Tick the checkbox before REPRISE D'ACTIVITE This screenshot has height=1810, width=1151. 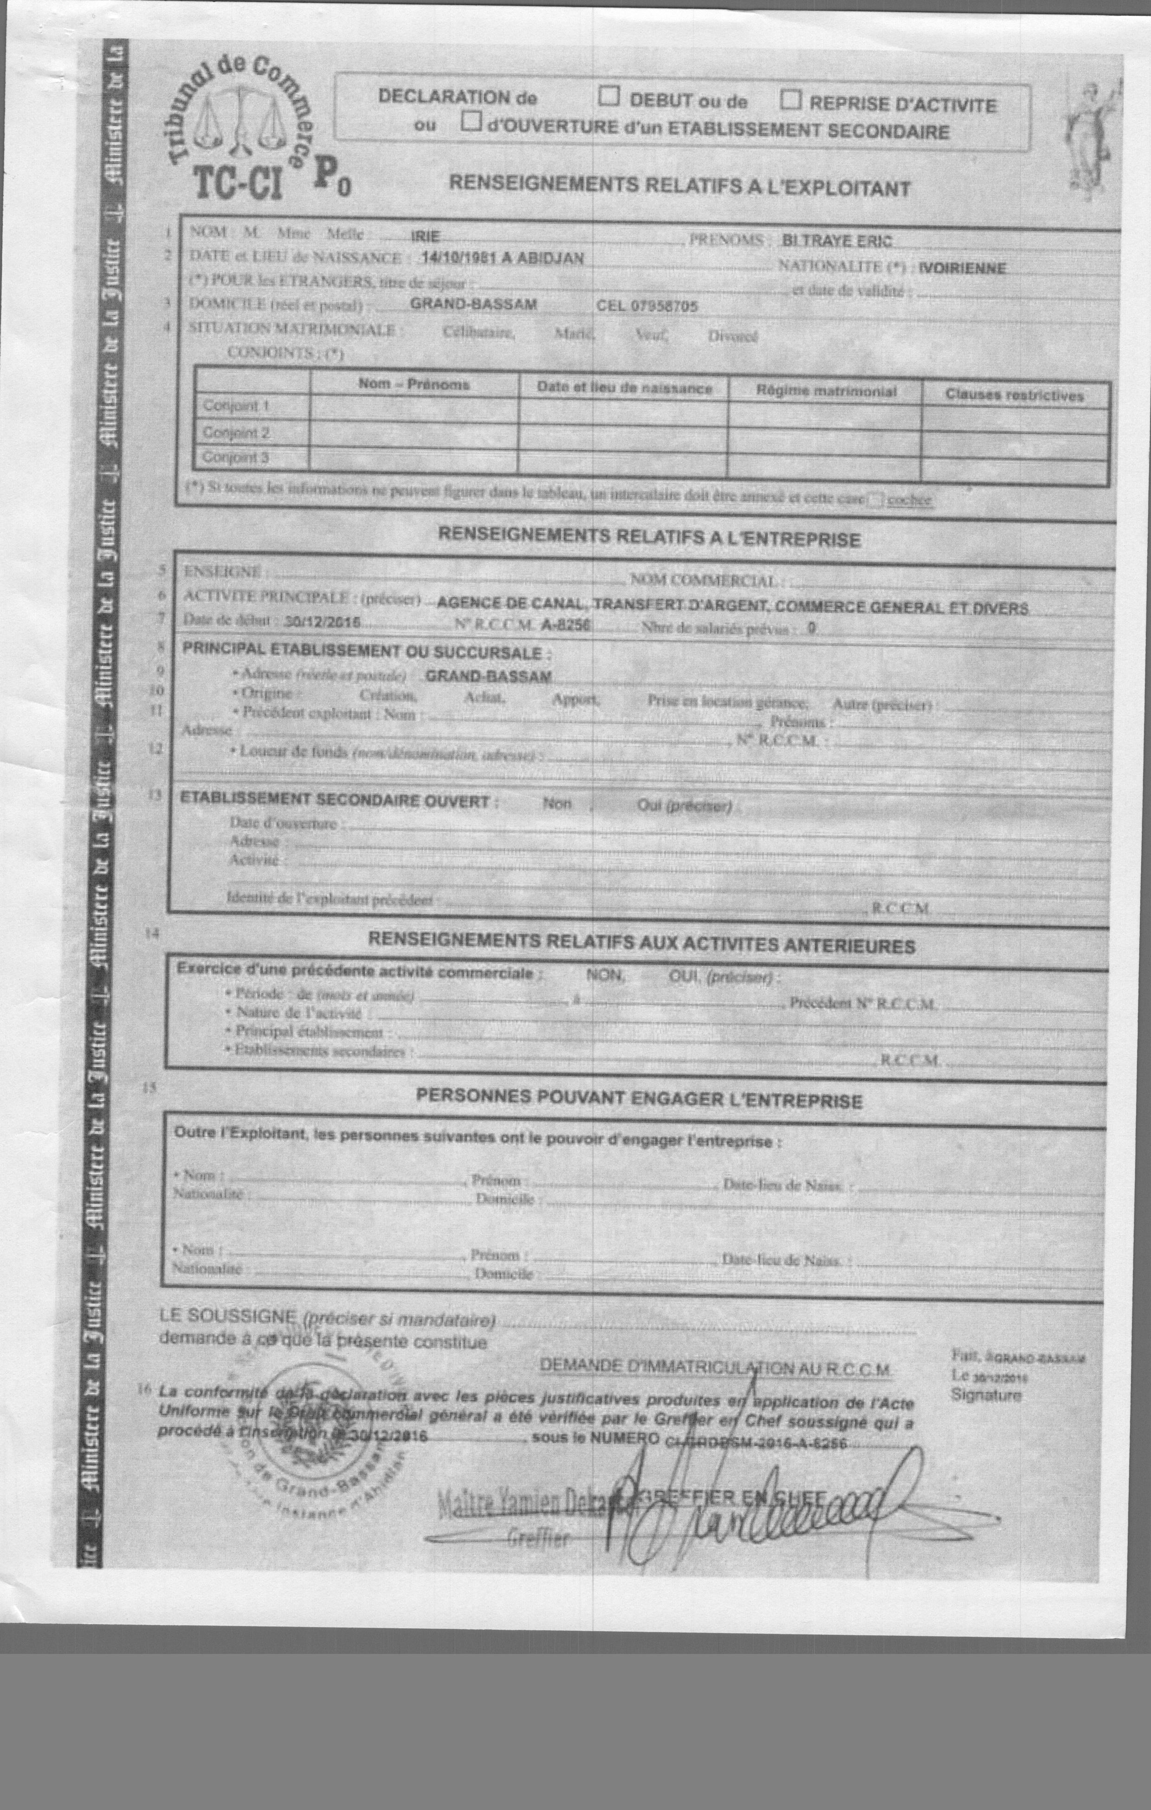791,100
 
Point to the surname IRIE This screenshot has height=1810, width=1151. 425,237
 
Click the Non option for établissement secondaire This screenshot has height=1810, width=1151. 557,804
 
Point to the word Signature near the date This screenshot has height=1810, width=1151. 986,1395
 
